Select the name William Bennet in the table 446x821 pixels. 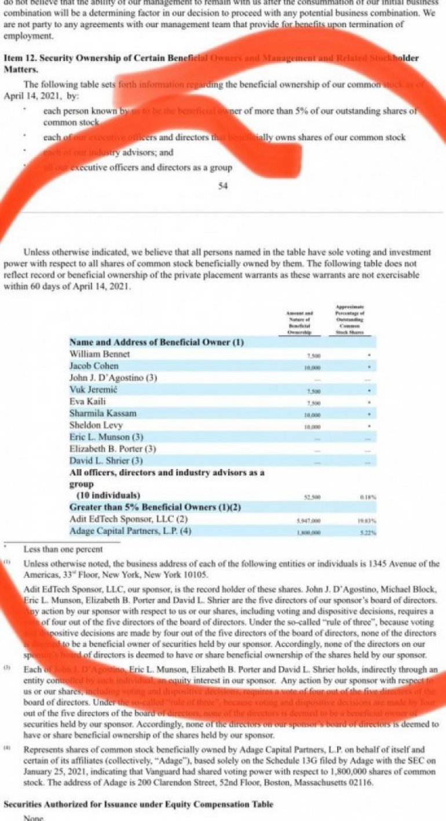[x=100, y=354]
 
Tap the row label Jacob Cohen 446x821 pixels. [x=94, y=366]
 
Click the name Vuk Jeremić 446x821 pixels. [x=93, y=390]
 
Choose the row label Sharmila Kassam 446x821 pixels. [x=103, y=413]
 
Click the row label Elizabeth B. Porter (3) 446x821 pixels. [x=112, y=449]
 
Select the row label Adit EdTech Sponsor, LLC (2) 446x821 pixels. [x=129, y=519]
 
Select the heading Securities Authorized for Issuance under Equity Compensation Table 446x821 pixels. [x=138, y=804]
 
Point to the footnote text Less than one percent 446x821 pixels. [x=63, y=548]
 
